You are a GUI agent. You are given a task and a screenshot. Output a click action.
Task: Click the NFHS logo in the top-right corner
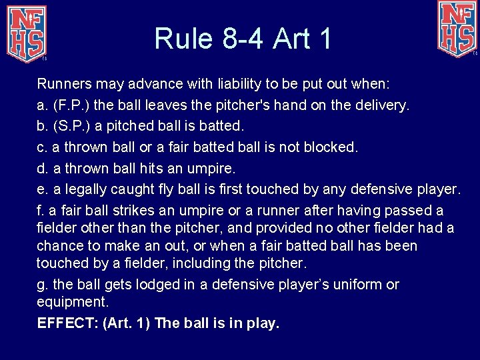coord(457,28)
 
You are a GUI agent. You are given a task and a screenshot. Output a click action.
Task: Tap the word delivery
coord(385,105)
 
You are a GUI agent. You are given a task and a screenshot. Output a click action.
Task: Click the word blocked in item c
coord(330,147)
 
